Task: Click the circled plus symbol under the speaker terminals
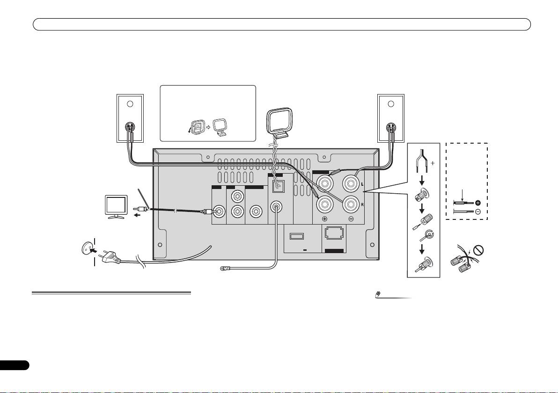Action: [325, 219]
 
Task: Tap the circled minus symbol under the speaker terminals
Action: [352, 219]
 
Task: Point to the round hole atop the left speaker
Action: [131, 104]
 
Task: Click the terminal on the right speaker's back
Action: [391, 127]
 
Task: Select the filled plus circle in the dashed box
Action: [478, 203]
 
